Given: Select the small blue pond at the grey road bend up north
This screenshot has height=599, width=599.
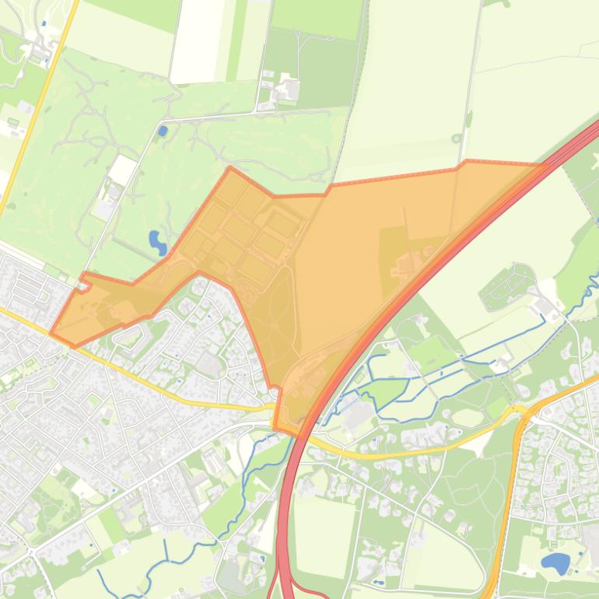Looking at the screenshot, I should click(162, 131).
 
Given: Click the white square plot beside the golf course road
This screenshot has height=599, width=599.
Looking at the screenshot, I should click(122, 170).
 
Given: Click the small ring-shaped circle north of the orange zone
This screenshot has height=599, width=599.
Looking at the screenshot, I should click(457, 139).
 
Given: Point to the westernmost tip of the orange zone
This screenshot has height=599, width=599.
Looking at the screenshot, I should click(51, 334).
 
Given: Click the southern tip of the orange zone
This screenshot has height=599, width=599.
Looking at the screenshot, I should click(276, 426).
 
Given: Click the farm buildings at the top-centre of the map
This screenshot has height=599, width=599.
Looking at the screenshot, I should click(284, 89).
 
